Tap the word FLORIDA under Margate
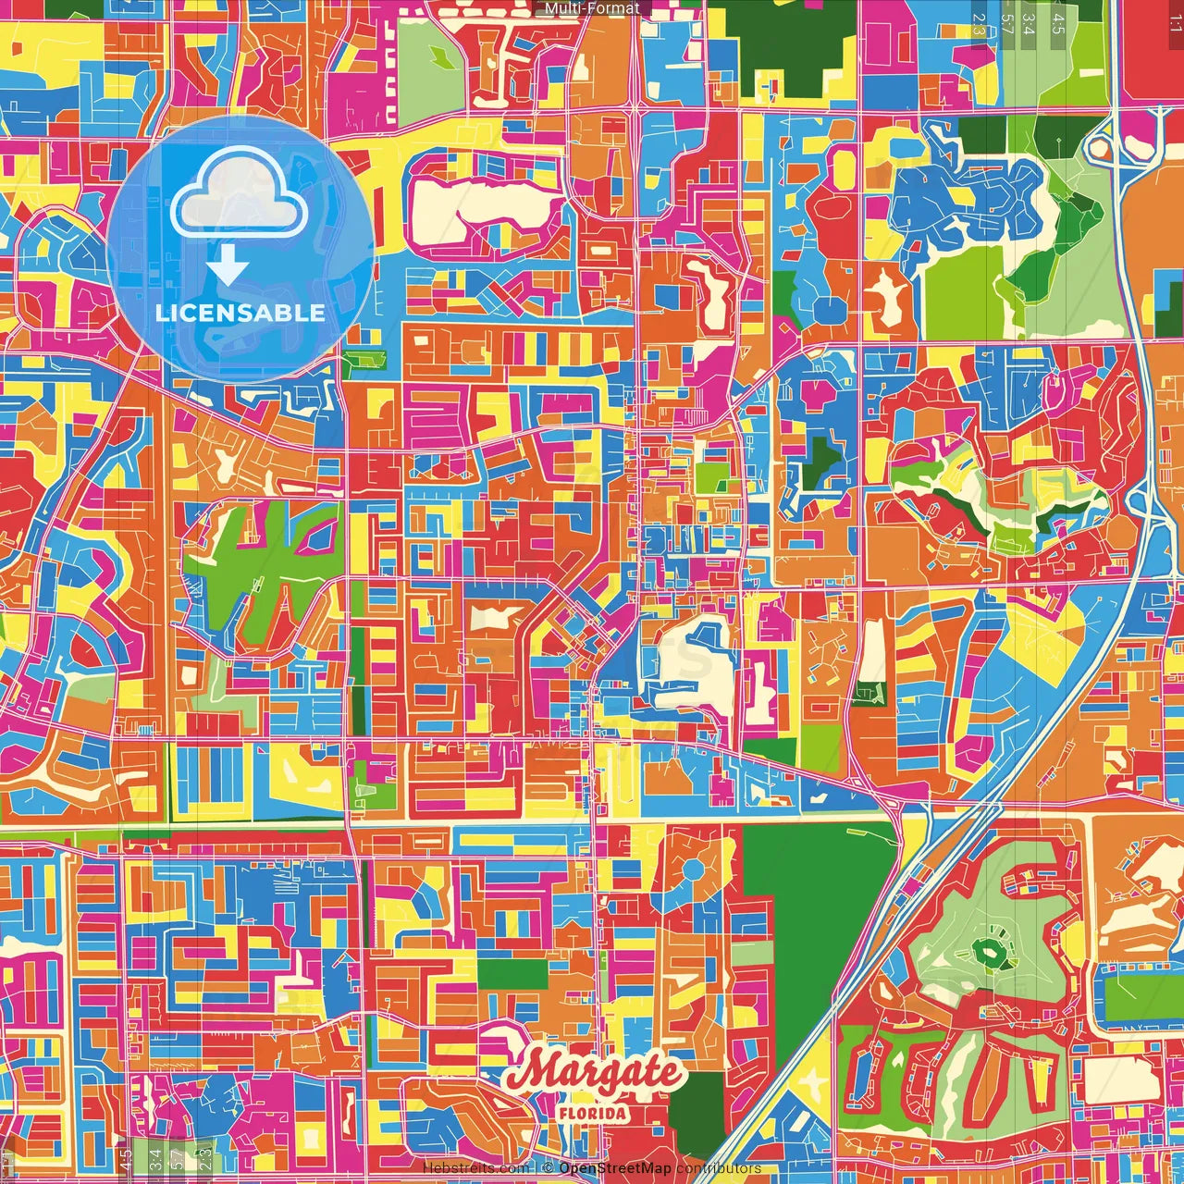coord(593,1113)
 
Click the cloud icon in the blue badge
coord(239,195)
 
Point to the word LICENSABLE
coord(240,313)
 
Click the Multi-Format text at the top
coord(592,8)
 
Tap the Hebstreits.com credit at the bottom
coord(475,1168)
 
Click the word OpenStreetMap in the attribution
coord(614,1168)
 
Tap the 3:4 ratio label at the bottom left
coord(154,1157)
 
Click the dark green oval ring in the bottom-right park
coord(990,951)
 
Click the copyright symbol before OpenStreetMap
coord(548,1168)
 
